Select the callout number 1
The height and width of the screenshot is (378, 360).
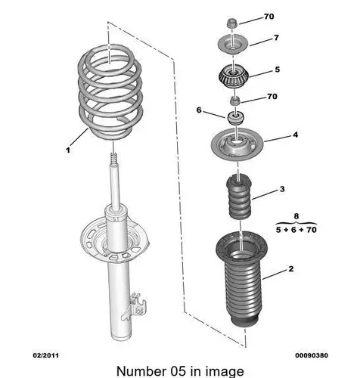click(68, 150)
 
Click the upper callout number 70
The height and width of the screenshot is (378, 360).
click(269, 17)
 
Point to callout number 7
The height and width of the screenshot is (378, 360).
click(276, 38)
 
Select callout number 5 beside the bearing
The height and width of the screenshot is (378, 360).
click(278, 70)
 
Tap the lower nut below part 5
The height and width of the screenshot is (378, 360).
click(235, 101)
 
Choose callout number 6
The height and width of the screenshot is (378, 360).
click(199, 110)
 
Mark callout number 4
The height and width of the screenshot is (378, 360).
click(296, 135)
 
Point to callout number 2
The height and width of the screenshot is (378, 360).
click(291, 269)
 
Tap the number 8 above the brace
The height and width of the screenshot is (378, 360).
click(296, 216)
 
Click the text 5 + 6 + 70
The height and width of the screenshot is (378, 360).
click(296, 230)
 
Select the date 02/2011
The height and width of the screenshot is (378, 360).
click(46, 355)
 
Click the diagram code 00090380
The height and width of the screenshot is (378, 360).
click(312, 355)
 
